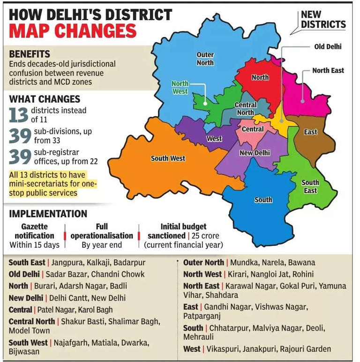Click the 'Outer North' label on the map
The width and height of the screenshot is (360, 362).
(x=205, y=59)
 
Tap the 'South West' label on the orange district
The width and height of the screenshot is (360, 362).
(x=168, y=158)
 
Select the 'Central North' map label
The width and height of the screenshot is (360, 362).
(x=245, y=109)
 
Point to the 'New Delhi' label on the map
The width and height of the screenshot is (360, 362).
(x=255, y=153)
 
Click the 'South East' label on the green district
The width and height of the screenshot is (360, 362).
(x=310, y=186)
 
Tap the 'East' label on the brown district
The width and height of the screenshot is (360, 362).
(x=310, y=132)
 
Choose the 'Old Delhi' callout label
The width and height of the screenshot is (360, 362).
(x=328, y=47)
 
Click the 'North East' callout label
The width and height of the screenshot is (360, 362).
(x=328, y=70)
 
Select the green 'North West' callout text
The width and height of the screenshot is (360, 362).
(x=180, y=88)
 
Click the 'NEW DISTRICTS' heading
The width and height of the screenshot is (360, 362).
(x=323, y=20)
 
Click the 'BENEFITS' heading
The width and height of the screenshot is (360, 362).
(x=30, y=54)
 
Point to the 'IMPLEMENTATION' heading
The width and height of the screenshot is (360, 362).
(x=48, y=214)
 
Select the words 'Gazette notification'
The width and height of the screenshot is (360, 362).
(x=34, y=231)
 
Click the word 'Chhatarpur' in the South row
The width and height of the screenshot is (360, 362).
(x=228, y=328)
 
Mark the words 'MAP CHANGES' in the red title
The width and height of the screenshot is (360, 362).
(x=73, y=30)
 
